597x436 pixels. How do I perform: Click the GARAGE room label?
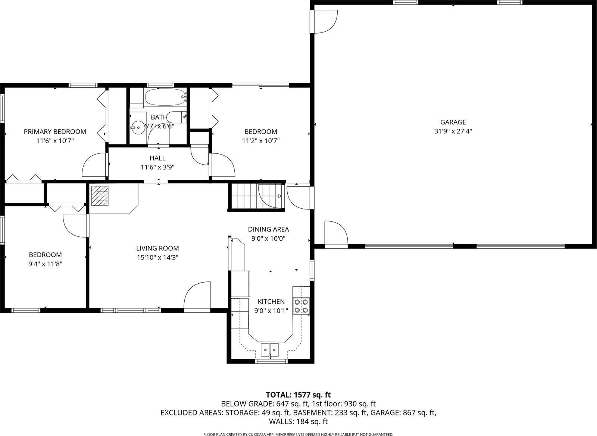point(453,122)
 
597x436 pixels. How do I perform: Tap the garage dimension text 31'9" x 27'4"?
point(453,131)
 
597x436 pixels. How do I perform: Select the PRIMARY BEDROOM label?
point(55,131)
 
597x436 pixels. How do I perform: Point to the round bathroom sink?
point(138,127)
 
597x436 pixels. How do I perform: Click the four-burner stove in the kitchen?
point(301,306)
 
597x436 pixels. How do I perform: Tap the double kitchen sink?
point(269,349)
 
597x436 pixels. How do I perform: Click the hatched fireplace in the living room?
point(100,196)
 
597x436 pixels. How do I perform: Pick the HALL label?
point(157,158)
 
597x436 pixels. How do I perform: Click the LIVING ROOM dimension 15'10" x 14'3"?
point(157,258)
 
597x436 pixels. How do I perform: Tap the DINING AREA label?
point(268,229)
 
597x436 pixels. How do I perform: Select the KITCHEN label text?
point(271,301)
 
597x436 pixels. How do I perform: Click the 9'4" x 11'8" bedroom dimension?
point(46,264)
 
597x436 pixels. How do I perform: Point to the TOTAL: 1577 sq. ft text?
point(298,395)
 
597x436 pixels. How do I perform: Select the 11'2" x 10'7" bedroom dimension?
point(261,141)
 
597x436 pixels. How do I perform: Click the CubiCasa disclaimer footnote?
point(298,434)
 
